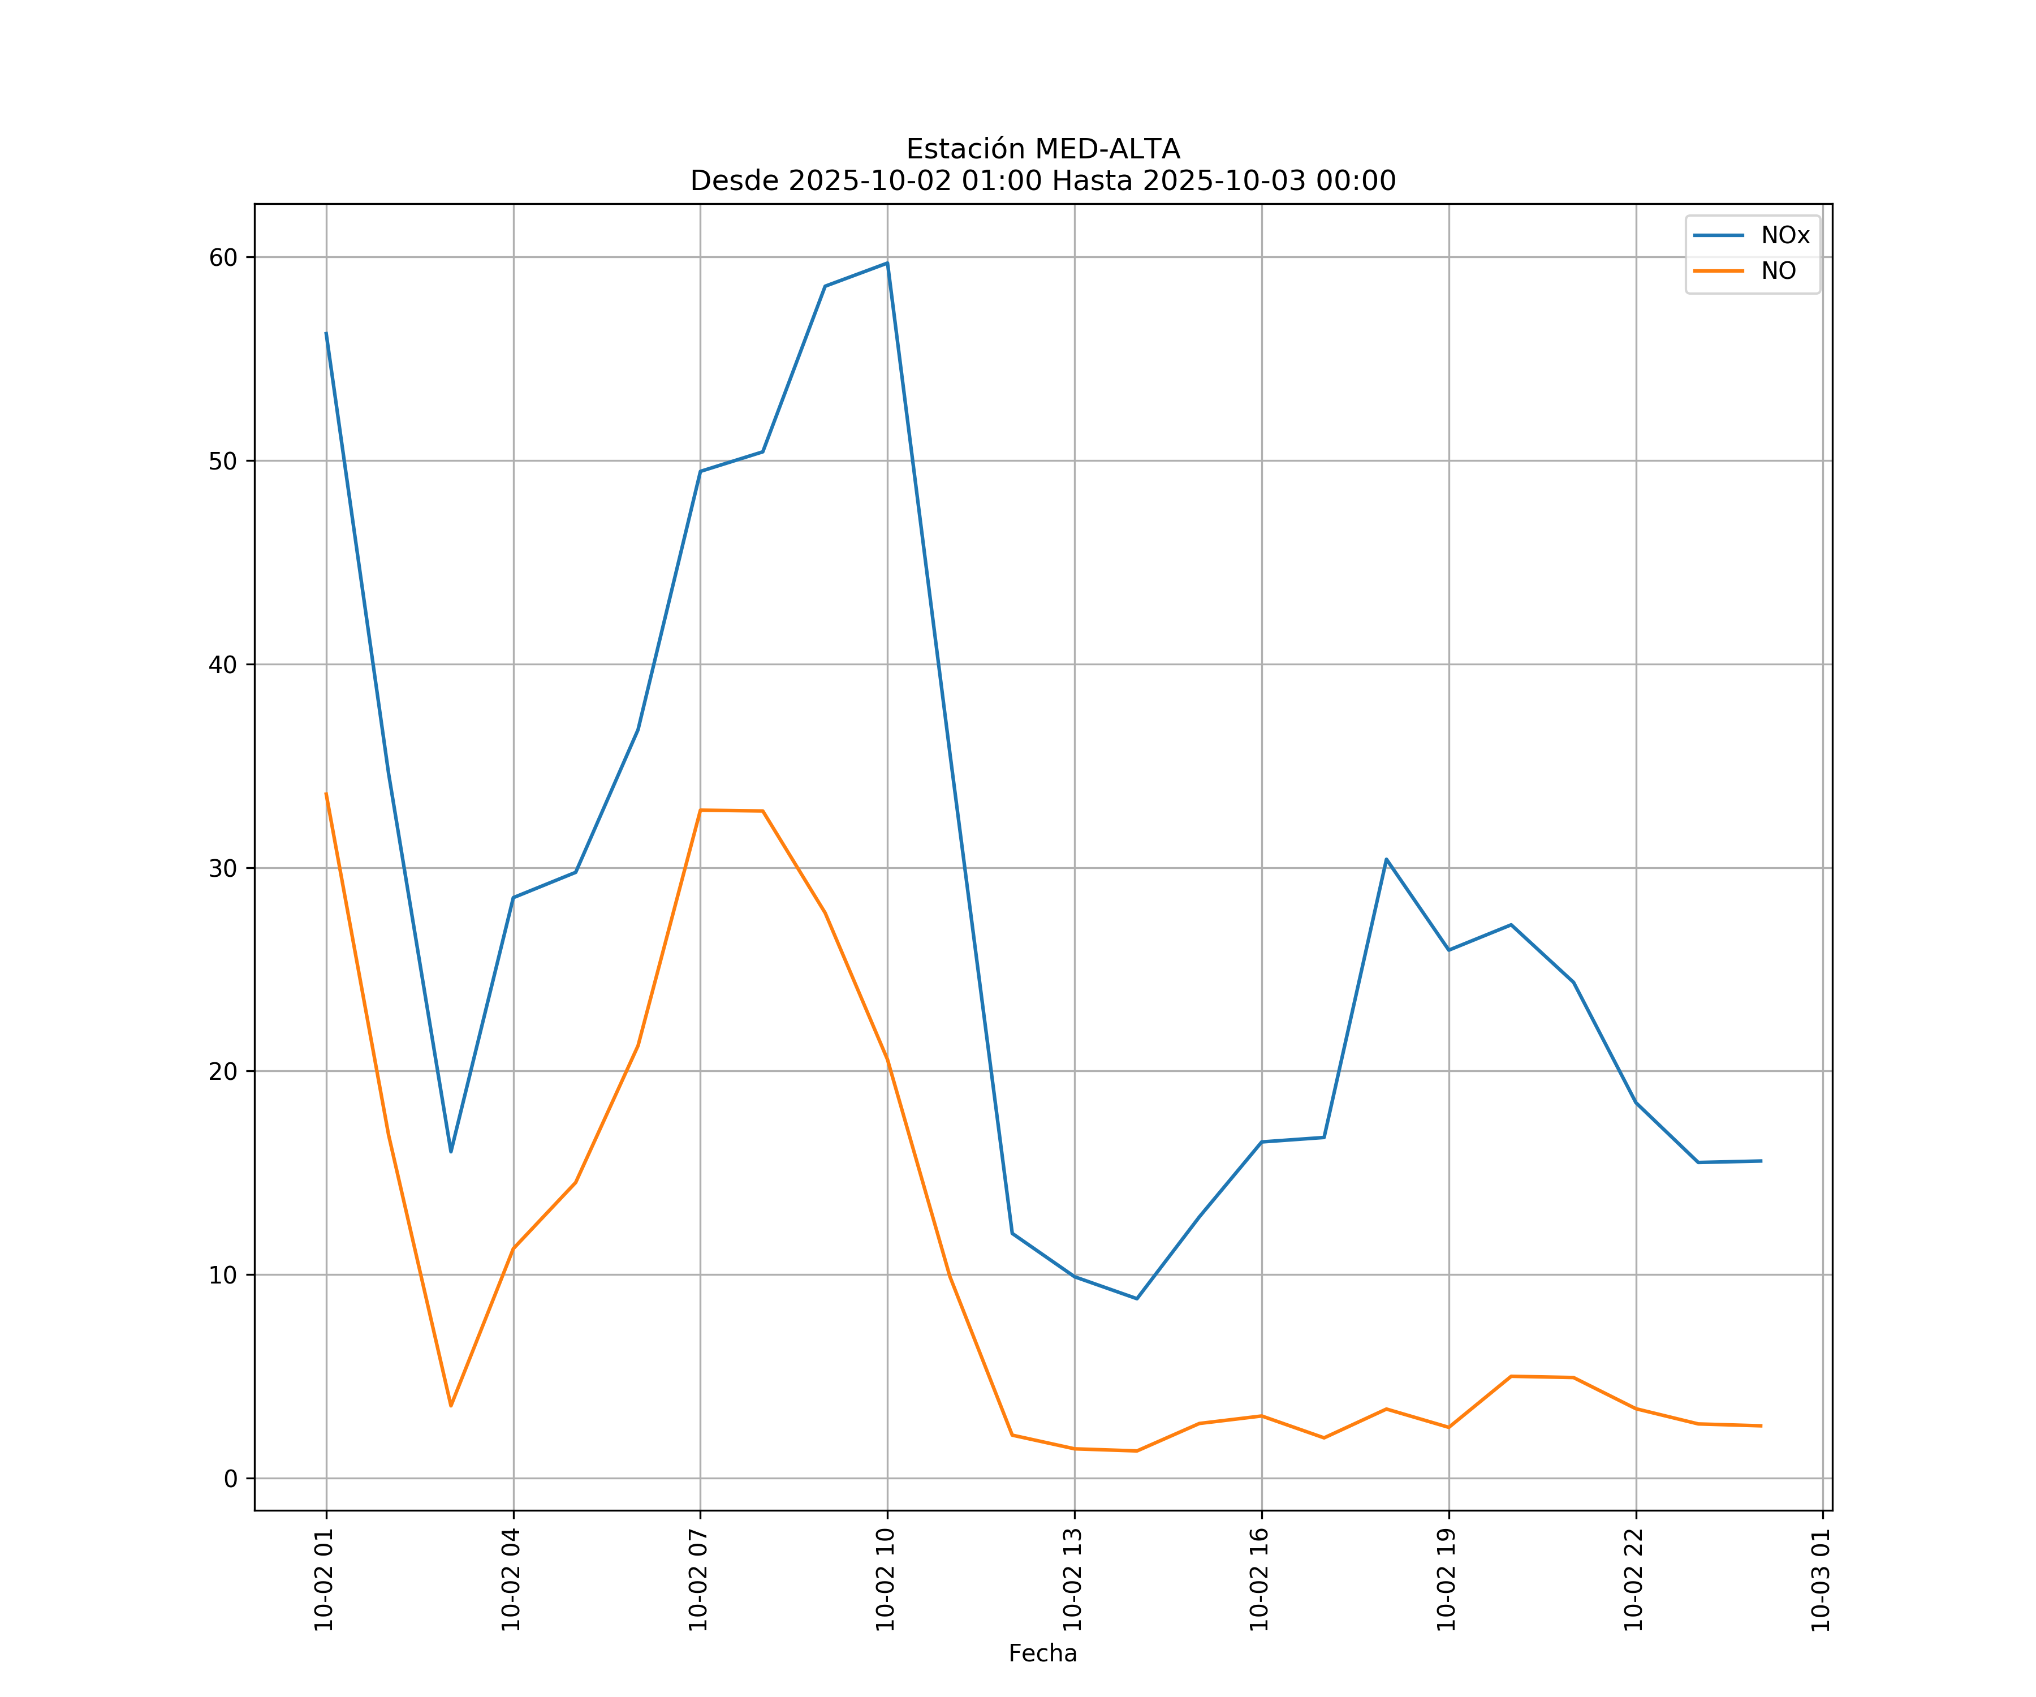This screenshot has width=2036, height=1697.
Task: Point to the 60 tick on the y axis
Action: pos(223,257)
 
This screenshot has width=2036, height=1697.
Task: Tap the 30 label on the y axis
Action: pos(223,868)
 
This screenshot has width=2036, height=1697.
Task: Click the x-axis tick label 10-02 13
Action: pos(1073,1580)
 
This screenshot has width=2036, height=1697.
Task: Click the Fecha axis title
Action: pos(1042,1653)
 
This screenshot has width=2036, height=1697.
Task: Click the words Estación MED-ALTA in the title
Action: pos(1042,149)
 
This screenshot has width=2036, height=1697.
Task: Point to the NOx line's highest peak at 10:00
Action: pos(887,263)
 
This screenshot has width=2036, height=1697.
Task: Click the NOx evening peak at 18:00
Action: pos(1386,859)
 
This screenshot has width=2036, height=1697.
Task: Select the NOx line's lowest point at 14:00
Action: pos(1136,1298)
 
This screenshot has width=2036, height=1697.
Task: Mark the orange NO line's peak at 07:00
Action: pos(700,809)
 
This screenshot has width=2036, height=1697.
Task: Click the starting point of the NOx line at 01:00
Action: pos(326,333)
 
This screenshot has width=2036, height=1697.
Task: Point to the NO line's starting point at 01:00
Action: pos(326,793)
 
